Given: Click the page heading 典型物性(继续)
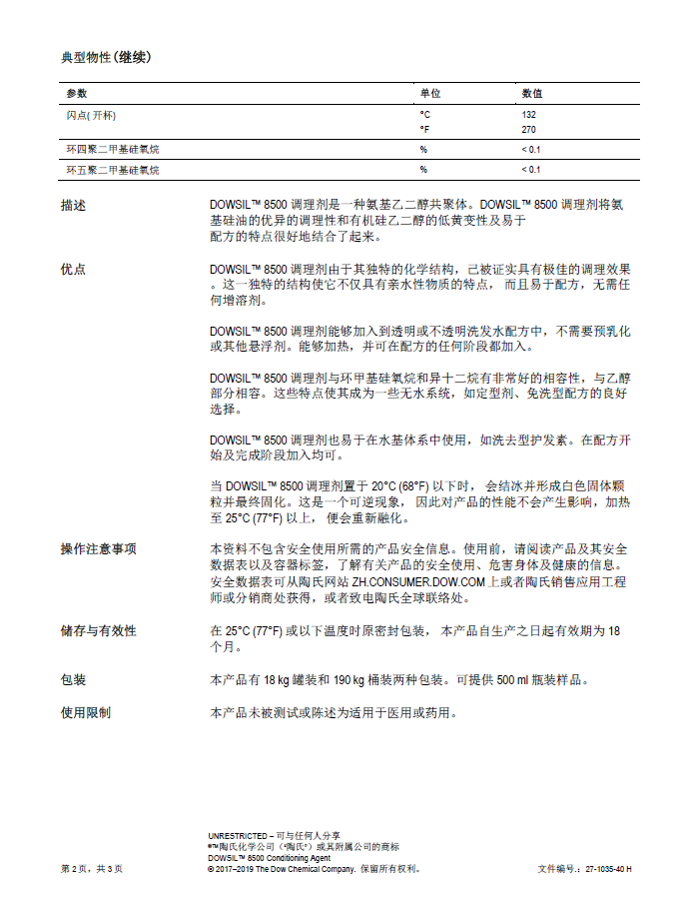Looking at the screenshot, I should (106, 56).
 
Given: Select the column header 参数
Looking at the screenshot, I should (77, 93).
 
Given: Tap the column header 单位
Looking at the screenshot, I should (429, 93).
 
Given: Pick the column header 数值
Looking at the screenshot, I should (532, 93).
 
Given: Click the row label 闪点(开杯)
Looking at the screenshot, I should (90, 115).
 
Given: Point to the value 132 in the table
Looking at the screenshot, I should (529, 115).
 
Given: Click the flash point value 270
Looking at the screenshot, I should (529, 130).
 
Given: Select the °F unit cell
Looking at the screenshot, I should (424, 130).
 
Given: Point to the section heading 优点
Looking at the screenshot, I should (73, 270).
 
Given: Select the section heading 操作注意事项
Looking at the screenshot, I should (98, 549).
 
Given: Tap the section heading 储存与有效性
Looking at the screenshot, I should (98, 631).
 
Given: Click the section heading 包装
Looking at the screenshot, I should (73, 680).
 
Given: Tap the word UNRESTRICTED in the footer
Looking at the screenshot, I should (238, 835).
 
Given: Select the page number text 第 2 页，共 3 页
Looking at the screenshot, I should (92, 869).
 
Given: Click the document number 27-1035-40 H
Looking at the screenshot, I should (608, 869).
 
